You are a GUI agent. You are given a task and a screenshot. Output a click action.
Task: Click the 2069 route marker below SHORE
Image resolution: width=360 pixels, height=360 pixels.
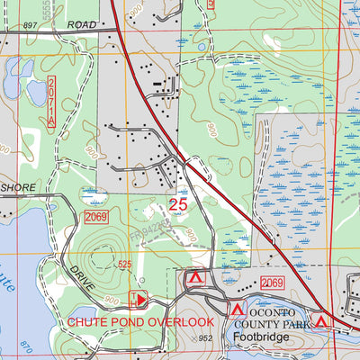pyautogui.click(x=96, y=218)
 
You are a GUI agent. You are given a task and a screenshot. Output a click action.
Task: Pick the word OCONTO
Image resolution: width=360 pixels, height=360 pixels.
pyautogui.click(x=262, y=308)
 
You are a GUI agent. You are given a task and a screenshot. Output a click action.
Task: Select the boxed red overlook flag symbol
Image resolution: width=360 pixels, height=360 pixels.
pyautogui.click(x=139, y=298)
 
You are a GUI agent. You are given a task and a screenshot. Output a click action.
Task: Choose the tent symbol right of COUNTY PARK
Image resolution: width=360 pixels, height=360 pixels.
pyautogui.click(x=320, y=319)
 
